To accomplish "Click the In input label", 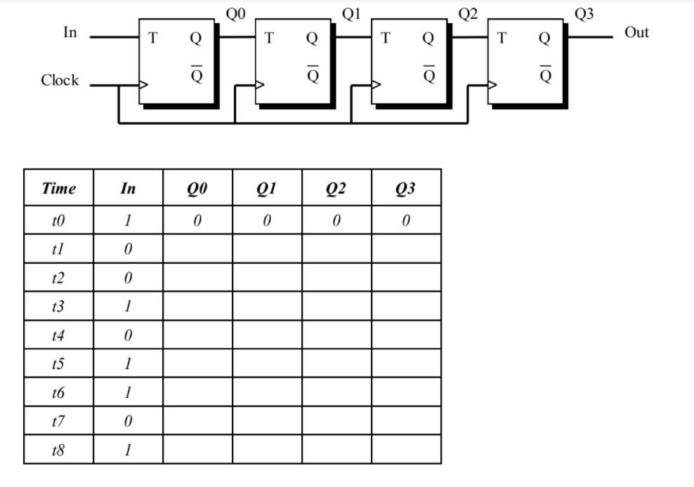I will [x=70, y=33].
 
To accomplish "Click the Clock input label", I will [x=60, y=81].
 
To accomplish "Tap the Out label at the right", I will [x=636, y=33].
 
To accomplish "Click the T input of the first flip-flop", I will [x=152, y=39].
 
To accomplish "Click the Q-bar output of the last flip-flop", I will [x=545, y=74].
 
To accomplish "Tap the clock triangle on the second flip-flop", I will [x=261, y=86].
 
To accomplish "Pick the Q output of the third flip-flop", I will [x=428, y=39].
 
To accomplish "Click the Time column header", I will [x=58, y=188].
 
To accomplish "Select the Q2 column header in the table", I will [x=336, y=188].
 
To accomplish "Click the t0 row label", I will [x=58, y=220].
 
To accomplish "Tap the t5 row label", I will [x=58, y=364].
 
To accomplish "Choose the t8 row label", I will [x=58, y=450].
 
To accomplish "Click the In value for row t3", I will [x=128, y=307].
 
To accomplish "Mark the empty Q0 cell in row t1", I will [x=197, y=249].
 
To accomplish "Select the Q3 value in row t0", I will [x=406, y=220].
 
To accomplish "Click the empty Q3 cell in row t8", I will [x=406, y=450].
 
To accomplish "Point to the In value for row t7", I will [x=128, y=421].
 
